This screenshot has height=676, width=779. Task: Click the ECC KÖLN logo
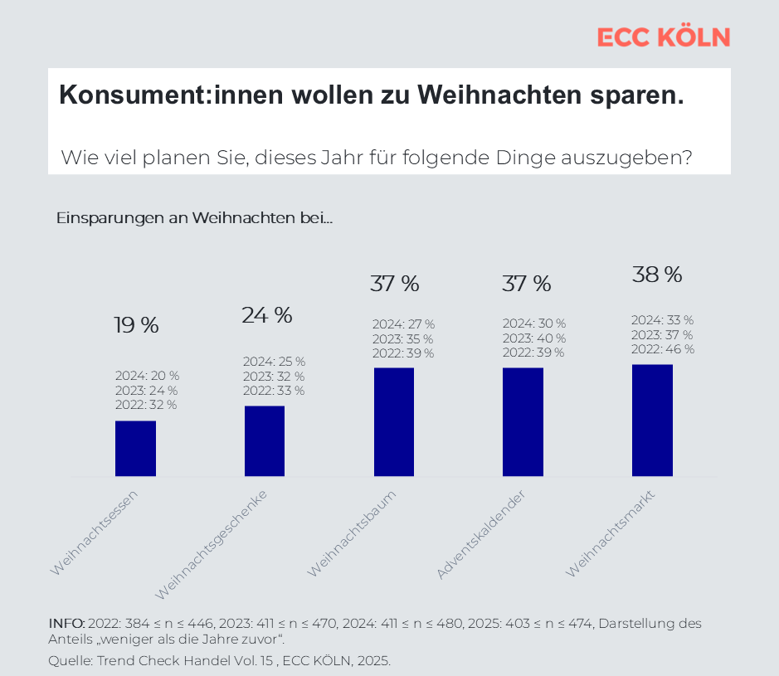(x=663, y=36)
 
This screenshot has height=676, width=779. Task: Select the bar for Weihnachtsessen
(x=135, y=449)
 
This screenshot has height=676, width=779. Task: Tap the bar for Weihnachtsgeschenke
(x=265, y=441)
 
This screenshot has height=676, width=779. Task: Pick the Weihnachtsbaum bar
(x=394, y=422)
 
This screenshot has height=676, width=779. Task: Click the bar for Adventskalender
(x=523, y=422)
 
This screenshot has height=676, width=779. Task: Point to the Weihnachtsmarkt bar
(x=652, y=421)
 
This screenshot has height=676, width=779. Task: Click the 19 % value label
(x=136, y=326)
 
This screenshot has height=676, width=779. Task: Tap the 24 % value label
(x=266, y=315)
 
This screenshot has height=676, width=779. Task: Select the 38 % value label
(x=657, y=275)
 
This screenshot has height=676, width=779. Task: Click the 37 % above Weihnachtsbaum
(x=394, y=284)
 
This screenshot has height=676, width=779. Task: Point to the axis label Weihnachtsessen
(x=94, y=533)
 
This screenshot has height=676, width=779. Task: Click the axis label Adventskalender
(x=481, y=534)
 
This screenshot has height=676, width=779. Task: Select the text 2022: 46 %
(x=662, y=349)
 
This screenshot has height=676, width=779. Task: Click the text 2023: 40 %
(x=533, y=338)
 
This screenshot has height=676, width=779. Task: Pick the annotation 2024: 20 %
(x=147, y=376)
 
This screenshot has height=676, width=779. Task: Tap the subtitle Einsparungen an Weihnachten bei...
(x=194, y=219)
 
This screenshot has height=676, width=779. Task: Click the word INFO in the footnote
(x=66, y=624)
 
